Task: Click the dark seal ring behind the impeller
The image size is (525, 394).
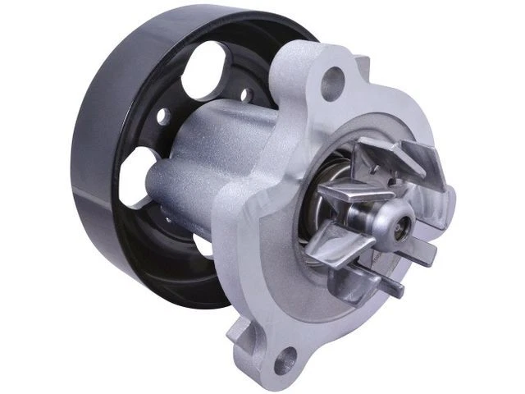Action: point(328,185)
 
